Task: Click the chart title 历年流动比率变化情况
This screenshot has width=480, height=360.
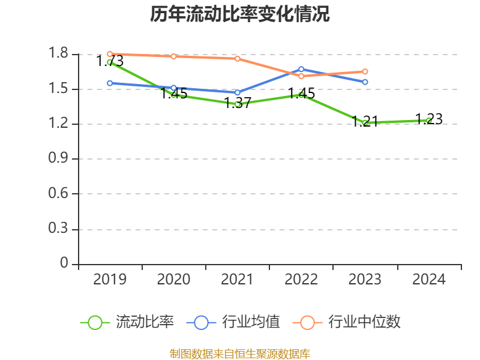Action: click(240, 14)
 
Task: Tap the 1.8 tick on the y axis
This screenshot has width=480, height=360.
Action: click(59, 54)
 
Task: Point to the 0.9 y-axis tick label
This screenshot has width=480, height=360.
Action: click(59, 159)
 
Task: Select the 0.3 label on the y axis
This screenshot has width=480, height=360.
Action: click(59, 229)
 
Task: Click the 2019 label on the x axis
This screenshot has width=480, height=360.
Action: click(110, 280)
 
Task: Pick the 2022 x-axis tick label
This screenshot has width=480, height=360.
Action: click(301, 280)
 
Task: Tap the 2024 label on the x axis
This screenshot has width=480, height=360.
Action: click(429, 280)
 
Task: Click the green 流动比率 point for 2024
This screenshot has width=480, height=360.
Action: click(428, 121)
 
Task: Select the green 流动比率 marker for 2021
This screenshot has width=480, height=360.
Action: click(238, 104)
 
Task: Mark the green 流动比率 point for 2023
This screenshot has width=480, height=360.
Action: click(365, 122)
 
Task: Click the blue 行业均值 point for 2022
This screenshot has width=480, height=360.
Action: click(301, 69)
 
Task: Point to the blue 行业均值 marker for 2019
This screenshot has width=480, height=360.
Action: click(110, 83)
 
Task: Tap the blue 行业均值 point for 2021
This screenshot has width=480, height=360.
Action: click(238, 92)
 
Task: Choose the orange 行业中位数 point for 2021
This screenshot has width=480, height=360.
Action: click(238, 58)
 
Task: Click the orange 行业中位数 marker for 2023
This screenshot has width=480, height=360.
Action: click(365, 71)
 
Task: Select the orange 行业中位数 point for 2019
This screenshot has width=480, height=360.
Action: click(110, 54)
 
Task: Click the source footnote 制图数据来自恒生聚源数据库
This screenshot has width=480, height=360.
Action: click(240, 353)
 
